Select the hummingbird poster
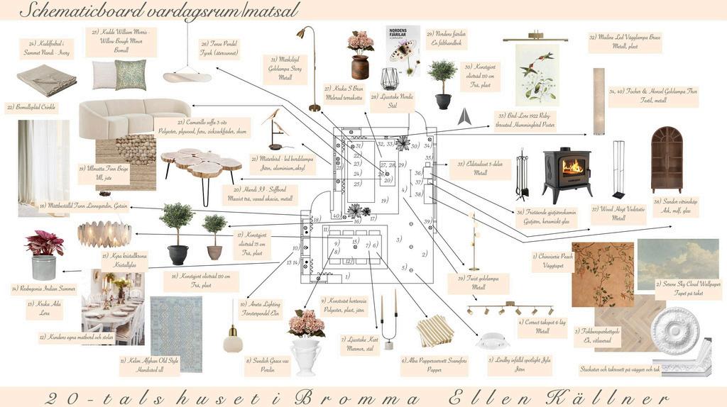tap(537, 74)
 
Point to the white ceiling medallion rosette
tap(674, 330)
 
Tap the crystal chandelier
tap(105, 233)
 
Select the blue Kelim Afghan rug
tap(176, 324)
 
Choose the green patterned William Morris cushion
tap(131, 74)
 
